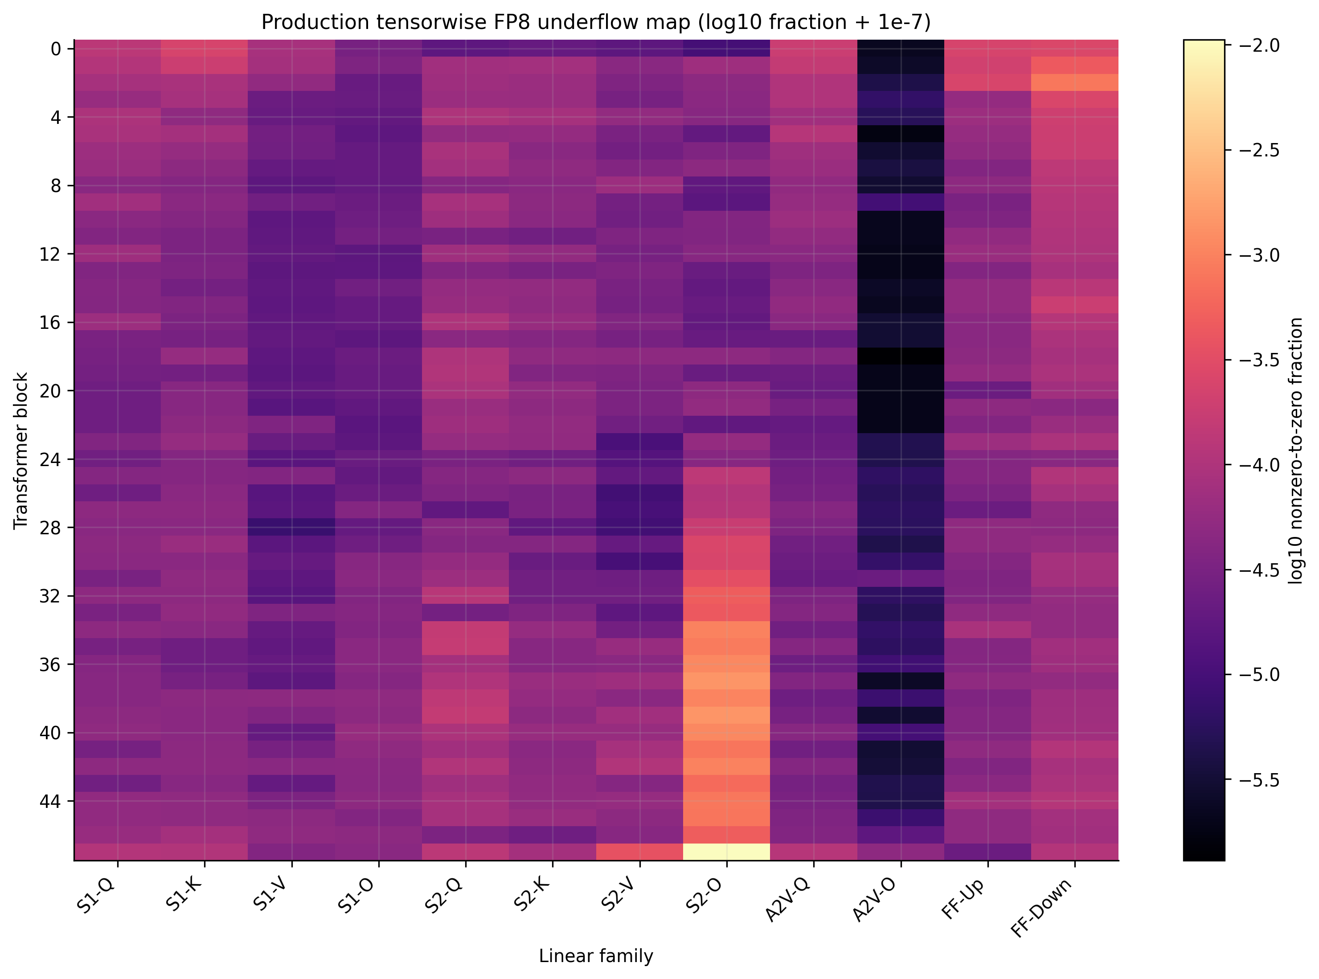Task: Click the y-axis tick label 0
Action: point(56,49)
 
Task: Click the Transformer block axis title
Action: point(21,451)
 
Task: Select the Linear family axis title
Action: point(596,956)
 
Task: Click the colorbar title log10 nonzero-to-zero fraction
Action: point(1296,451)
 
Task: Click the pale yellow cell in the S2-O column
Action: point(726,852)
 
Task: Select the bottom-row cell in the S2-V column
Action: point(639,852)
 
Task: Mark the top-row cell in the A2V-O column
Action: point(901,49)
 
